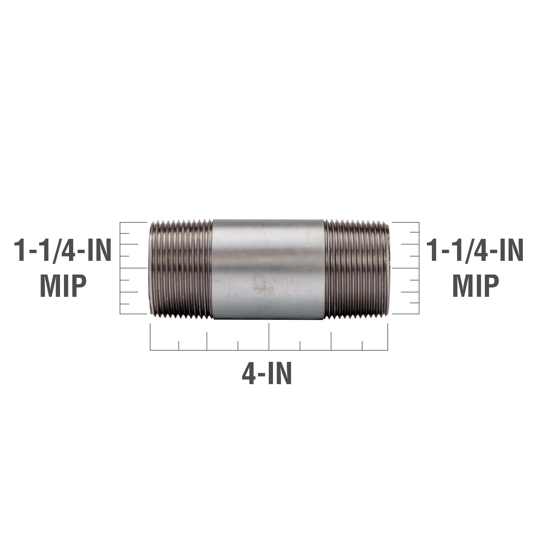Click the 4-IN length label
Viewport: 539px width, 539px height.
[267, 374]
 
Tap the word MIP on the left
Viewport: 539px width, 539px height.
[63, 285]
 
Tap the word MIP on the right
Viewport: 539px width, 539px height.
[475, 285]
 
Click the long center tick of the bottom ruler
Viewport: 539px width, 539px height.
[269, 336]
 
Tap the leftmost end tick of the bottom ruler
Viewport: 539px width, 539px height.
[150, 336]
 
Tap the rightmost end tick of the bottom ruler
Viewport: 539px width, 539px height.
[388, 336]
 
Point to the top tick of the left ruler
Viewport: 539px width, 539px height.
[133, 223]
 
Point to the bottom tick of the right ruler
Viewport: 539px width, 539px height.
[405, 314]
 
